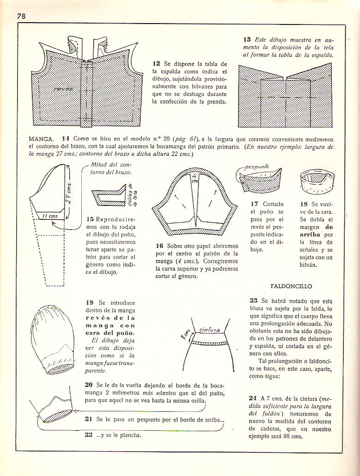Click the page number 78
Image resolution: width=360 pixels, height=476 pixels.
pyautogui.click(x=21, y=16)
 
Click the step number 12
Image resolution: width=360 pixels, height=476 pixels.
pyautogui.click(x=156, y=63)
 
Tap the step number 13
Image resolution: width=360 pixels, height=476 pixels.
pyautogui.click(x=247, y=40)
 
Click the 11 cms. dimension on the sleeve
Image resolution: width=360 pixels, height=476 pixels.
pyautogui.click(x=50, y=215)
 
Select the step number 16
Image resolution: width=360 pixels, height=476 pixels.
pyautogui.click(x=160, y=246)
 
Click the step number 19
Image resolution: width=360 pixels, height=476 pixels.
pyautogui.click(x=90, y=302)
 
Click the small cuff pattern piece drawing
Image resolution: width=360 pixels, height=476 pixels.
pyautogui.click(x=109, y=197)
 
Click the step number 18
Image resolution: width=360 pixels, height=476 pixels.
pyautogui.click(x=303, y=204)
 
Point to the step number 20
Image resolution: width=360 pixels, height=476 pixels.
pyautogui.click(x=89, y=385)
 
